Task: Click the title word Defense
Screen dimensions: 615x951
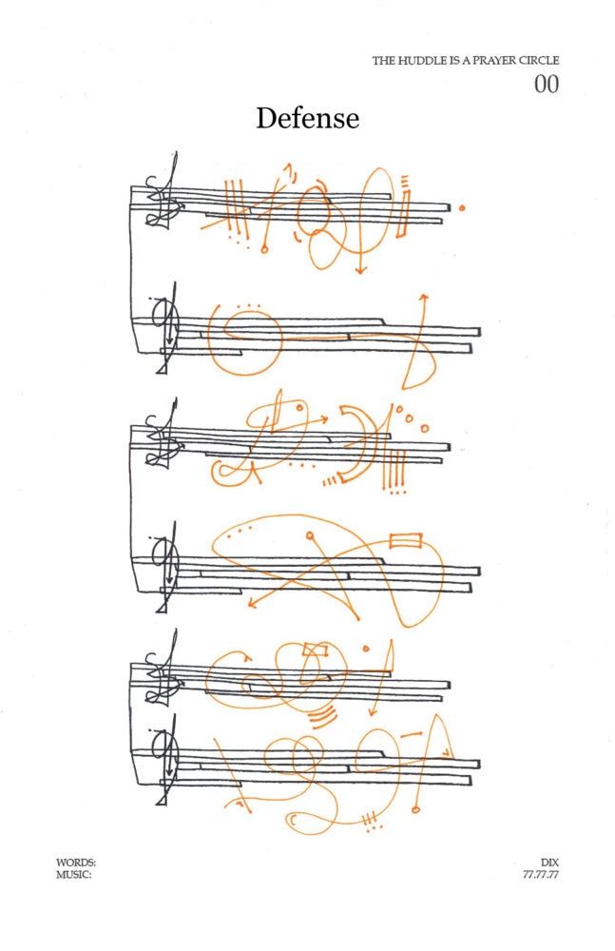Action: point(308,118)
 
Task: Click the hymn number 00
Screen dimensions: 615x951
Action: point(546,85)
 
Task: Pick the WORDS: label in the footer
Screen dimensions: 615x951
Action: point(76,862)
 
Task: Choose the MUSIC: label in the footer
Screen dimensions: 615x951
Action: point(74,875)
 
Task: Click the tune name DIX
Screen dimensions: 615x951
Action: point(549,862)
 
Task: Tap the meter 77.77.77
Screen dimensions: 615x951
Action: point(541,875)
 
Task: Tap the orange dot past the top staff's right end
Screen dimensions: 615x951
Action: point(462,208)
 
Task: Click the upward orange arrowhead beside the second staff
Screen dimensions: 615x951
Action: point(424,297)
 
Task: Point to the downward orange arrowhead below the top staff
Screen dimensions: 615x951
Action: point(361,269)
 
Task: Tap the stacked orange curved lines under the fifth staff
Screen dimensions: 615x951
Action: point(323,716)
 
